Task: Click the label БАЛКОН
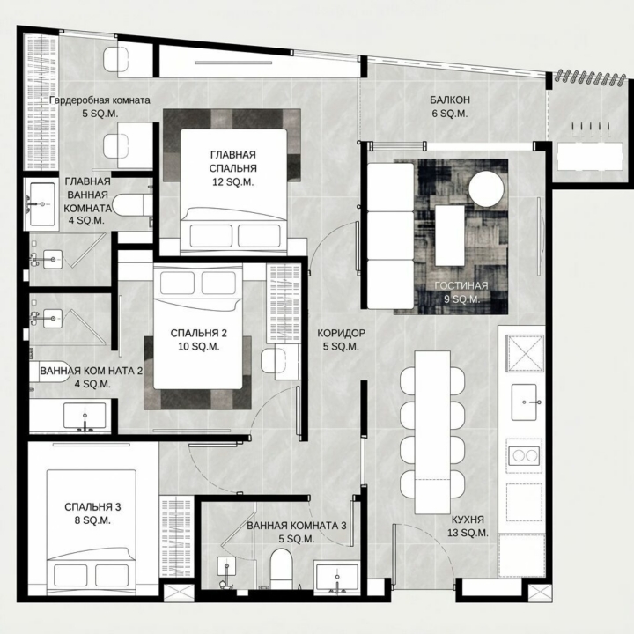450,100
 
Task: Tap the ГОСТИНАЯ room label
461,286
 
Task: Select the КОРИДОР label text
341,333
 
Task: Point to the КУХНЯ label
468,520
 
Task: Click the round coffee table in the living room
486,188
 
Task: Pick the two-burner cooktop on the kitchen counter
525,456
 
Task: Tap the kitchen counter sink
525,402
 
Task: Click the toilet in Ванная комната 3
281,568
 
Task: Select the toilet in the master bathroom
132,205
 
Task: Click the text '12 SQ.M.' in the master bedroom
233,182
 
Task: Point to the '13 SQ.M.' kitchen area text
468,533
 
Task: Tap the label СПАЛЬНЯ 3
92,507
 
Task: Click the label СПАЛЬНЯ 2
198,333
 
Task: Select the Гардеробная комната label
100,100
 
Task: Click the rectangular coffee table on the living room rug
450,235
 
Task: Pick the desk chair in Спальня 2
269,361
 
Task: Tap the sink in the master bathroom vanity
42,204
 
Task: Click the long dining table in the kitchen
432,432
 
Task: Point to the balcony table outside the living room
590,157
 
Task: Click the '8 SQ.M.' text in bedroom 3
92,520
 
